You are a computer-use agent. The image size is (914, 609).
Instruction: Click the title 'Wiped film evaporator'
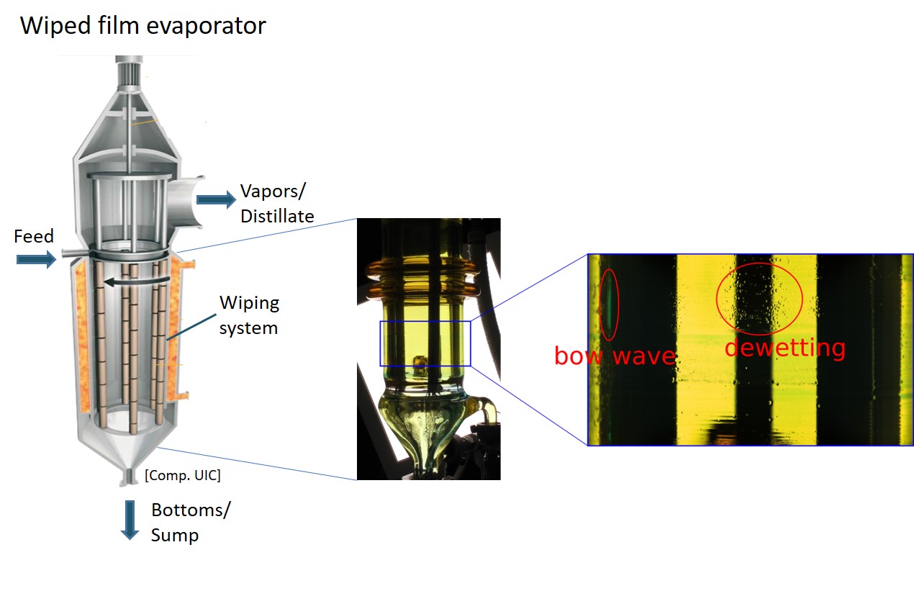pyautogui.click(x=143, y=27)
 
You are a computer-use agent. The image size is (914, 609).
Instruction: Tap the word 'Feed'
pyautogui.click(x=34, y=237)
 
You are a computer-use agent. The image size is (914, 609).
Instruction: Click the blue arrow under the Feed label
pyautogui.click(x=36, y=259)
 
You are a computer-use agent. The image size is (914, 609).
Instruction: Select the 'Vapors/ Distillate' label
pyautogui.click(x=277, y=203)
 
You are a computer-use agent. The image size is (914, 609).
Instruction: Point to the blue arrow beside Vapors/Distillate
pyautogui.click(x=216, y=199)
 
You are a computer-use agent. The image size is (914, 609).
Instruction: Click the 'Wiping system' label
pyautogui.click(x=249, y=315)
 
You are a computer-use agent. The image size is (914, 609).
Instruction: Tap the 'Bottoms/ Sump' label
pyautogui.click(x=191, y=522)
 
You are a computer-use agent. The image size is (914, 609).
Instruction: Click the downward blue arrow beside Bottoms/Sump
pyautogui.click(x=130, y=519)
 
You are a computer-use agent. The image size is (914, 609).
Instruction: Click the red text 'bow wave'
pyautogui.click(x=614, y=356)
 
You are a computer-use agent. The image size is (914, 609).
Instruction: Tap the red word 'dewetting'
pyautogui.click(x=784, y=348)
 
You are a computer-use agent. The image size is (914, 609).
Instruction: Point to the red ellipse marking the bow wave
pyautogui.click(x=608, y=304)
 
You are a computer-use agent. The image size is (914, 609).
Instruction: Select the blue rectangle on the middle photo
pyautogui.click(x=425, y=343)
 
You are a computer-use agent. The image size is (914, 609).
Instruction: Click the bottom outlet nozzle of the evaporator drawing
pyautogui.click(x=130, y=476)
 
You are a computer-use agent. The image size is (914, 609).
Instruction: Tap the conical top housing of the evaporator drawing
pyautogui.click(x=130, y=130)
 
